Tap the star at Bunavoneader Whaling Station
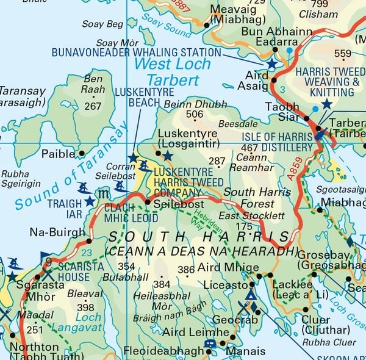pyautogui.click(x=271, y=63)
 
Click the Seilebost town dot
pyautogui.click(x=146, y=202)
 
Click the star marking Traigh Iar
pyautogui.click(x=90, y=201)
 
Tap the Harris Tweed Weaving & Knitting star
pyautogui.click(x=327, y=104)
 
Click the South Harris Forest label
pyautogui.click(x=251, y=198)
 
